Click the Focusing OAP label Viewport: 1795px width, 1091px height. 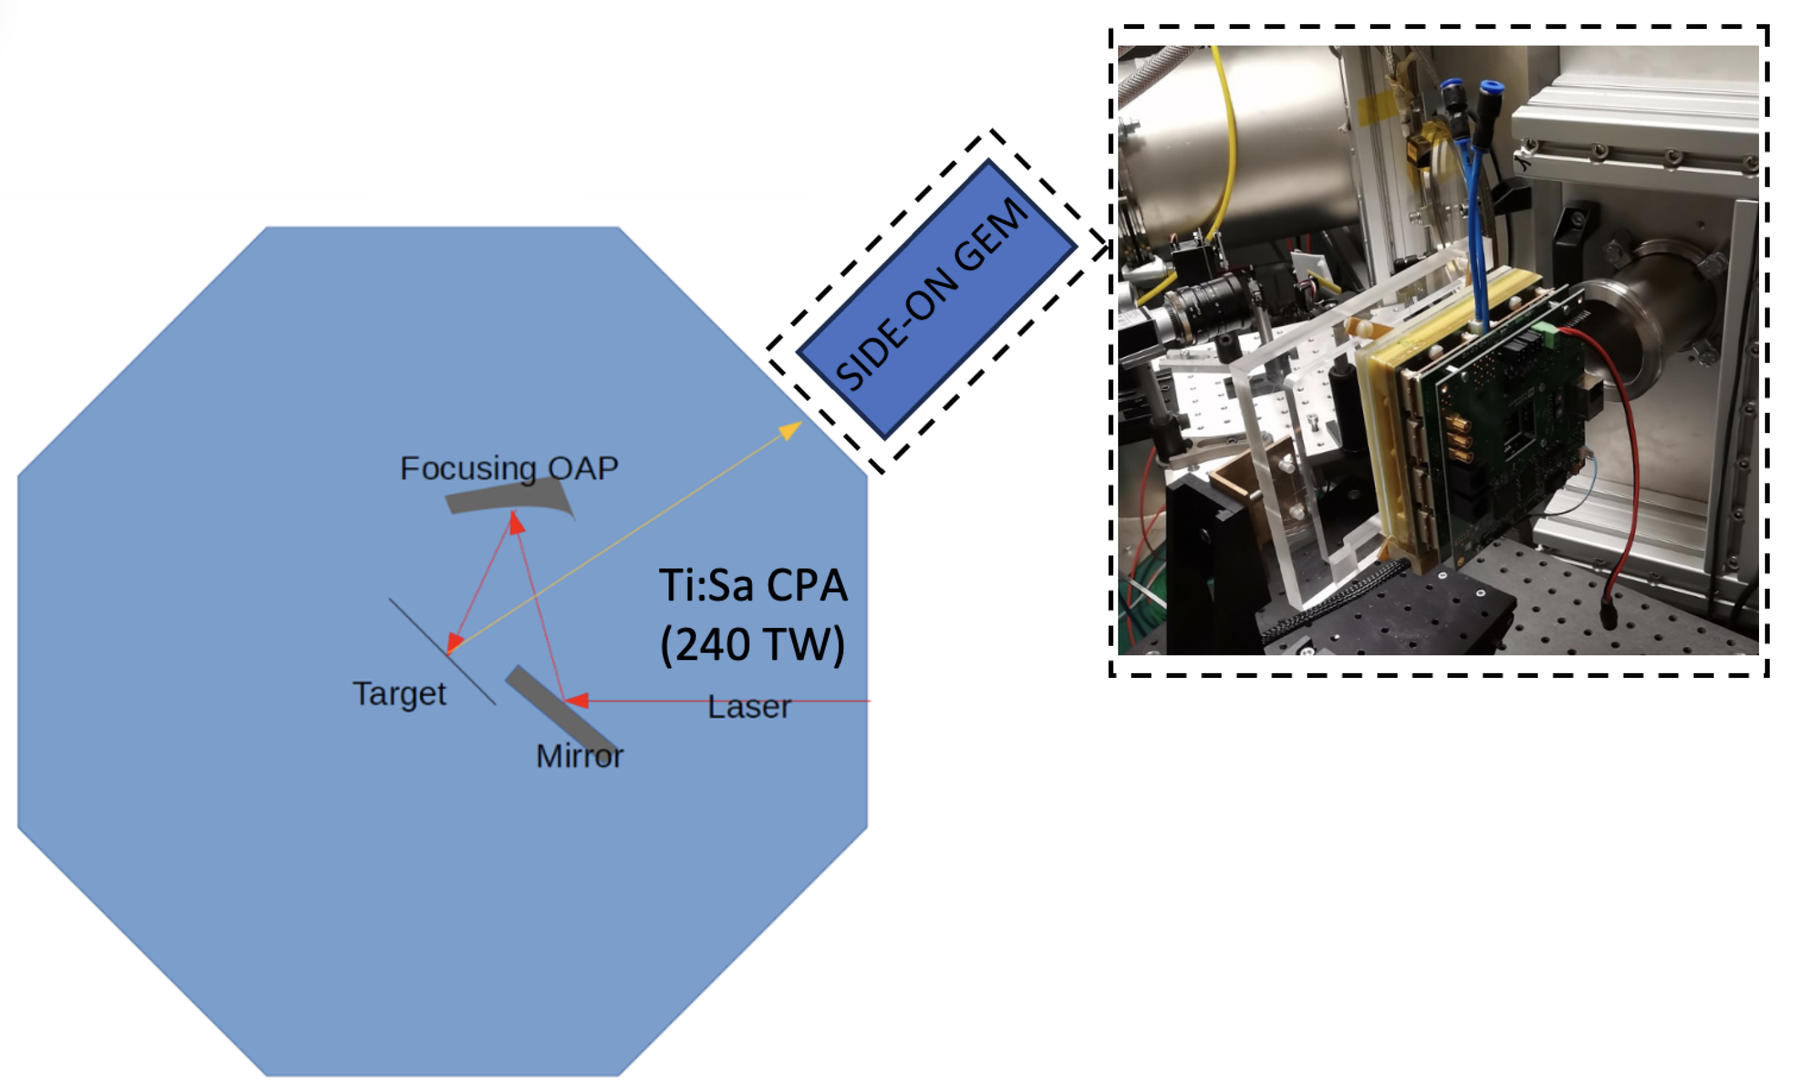pyautogui.click(x=509, y=469)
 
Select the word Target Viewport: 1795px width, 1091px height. pyautogui.click(x=399, y=693)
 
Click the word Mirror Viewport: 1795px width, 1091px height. pyautogui.click(x=579, y=756)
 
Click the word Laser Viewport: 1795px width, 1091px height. pyautogui.click(x=749, y=707)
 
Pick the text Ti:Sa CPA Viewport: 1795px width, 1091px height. pyautogui.click(x=753, y=586)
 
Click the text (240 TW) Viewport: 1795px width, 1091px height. pyautogui.click(x=752, y=645)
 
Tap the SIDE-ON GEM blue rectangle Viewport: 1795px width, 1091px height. pyautogui.click(x=936, y=298)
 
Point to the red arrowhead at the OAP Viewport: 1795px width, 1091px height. pyautogui.click(x=516, y=522)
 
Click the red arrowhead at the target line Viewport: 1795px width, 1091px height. pyautogui.click(x=454, y=643)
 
